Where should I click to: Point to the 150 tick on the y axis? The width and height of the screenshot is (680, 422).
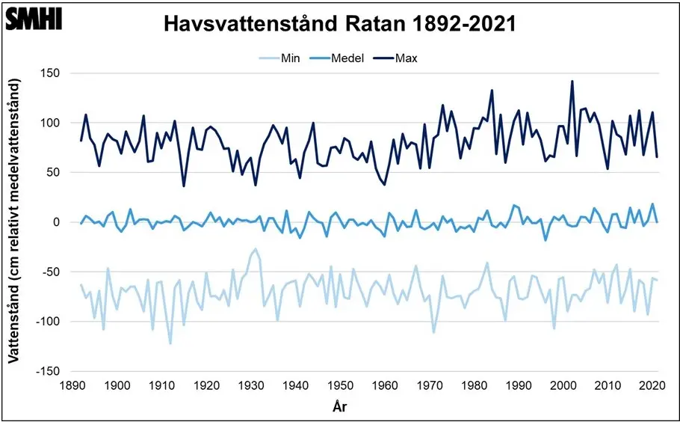coord(51,73)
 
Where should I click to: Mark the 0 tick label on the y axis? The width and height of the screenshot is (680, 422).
coord(56,222)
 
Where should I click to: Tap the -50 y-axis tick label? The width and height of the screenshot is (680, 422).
coord(52,272)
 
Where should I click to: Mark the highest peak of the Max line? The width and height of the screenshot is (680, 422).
coord(572,81)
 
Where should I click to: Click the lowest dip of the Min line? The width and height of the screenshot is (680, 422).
coord(170,343)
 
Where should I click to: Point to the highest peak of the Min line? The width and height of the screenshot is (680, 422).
coord(256,249)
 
